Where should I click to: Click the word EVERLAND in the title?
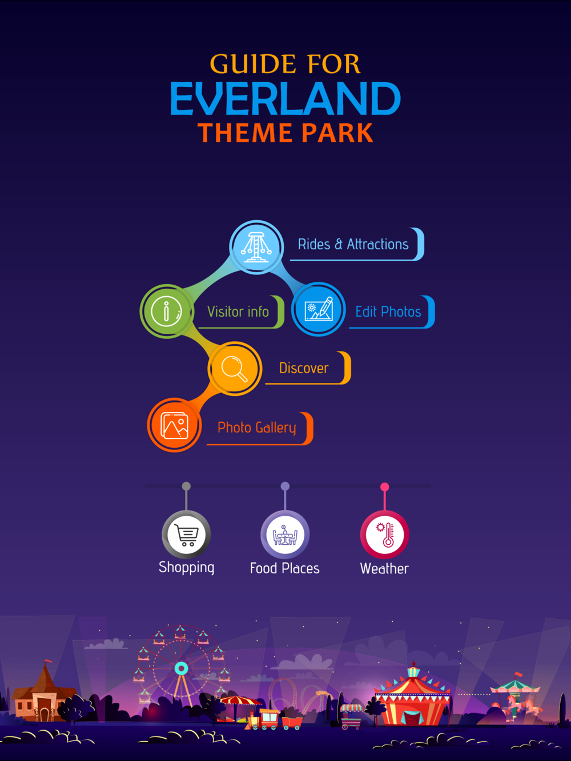pos(285,99)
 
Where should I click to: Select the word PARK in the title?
pos(337,133)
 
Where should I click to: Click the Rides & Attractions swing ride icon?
pos(256,247)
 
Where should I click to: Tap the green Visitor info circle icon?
pos(167,311)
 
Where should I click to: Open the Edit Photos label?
pos(388,311)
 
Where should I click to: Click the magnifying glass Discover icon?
pos(235,369)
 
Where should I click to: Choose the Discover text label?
pos(304,368)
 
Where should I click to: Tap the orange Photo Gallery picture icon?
pos(175,424)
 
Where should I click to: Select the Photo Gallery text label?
pos(257,427)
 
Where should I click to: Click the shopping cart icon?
pos(186,535)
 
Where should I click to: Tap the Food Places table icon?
pos(285,535)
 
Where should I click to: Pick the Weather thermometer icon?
pos(385,535)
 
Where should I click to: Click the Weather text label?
pos(384,569)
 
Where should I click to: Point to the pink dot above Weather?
pos(385,487)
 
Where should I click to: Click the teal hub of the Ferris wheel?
pos(181,668)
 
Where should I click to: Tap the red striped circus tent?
pos(412,697)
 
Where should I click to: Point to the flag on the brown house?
pos(49,661)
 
